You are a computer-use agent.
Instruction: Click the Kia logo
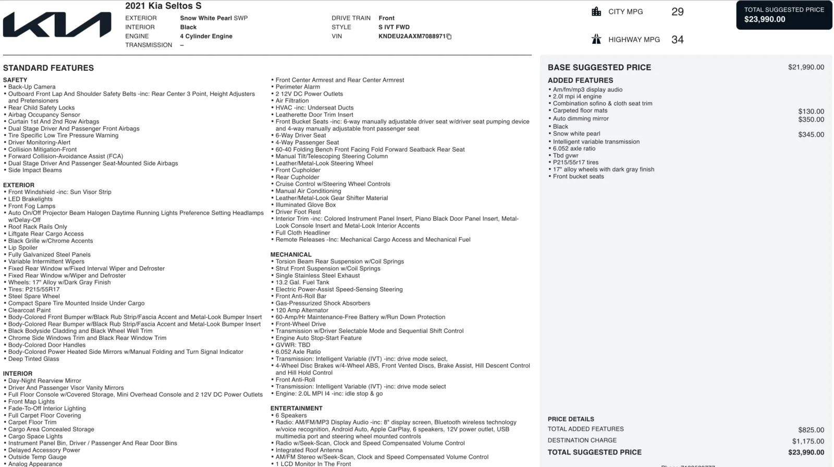pyautogui.click(x=57, y=25)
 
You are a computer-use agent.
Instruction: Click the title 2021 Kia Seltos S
pyautogui.click(x=163, y=6)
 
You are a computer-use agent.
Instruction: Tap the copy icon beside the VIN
pyautogui.click(x=449, y=36)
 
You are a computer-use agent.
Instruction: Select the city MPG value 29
pyautogui.click(x=677, y=12)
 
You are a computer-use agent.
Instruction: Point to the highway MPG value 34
pyautogui.click(x=677, y=40)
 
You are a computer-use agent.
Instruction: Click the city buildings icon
pyautogui.click(x=596, y=11)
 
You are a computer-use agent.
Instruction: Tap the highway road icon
pyautogui.click(x=596, y=39)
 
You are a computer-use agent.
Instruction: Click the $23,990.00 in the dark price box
pyautogui.click(x=765, y=19)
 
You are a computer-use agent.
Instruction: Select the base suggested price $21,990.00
pyautogui.click(x=806, y=67)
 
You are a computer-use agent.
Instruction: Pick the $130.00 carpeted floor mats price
pyautogui.click(x=811, y=112)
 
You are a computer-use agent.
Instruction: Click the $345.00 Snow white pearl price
pyautogui.click(x=811, y=134)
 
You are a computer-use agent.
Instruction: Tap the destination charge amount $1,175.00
pyautogui.click(x=808, y=441)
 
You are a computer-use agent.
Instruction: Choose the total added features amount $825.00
pyautogui.click(x=811, y=430)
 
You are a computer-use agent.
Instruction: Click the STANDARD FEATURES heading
pyautogui.click(x=48, y=68)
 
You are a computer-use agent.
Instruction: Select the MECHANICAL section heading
pyautogui.click(x=291, y=254)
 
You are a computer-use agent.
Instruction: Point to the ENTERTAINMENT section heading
pyautogui.click(x=296, y=408)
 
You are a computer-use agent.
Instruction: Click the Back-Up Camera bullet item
pyautogui.click(x=32, y=87)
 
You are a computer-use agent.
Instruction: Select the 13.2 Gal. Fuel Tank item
pyautogui.click(x=302, y=282)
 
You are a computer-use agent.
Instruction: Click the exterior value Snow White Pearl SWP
pyautogui.click(x=214, y=18)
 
